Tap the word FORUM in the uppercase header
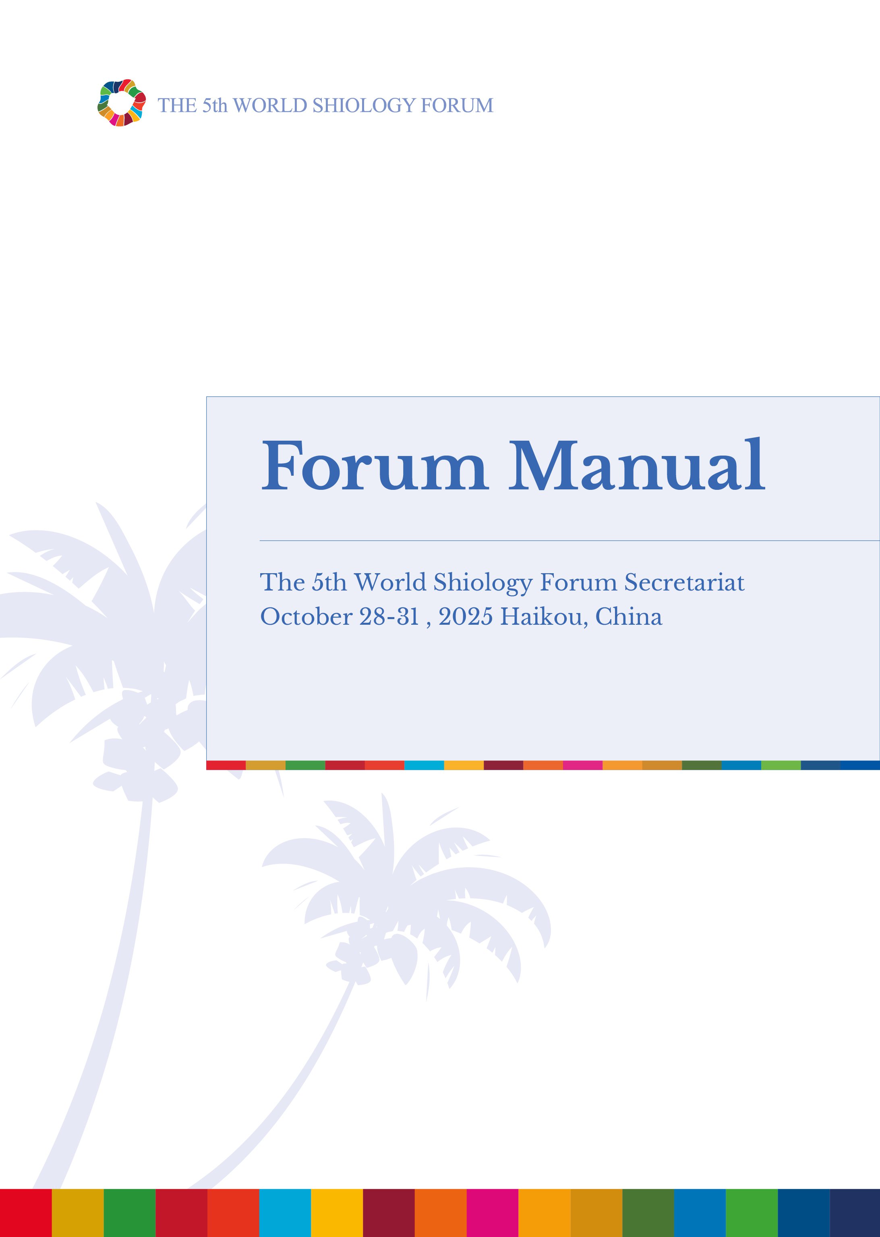[x=457, y=105]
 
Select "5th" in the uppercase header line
[x=215, y=105]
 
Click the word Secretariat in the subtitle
[x=684, y=582]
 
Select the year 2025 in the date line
[x=466, y=617]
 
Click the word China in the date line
[x=629, y=617]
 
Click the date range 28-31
[x=389, y=617]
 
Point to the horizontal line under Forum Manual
[x=569, y=541]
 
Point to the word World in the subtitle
[x=389, y=582]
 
